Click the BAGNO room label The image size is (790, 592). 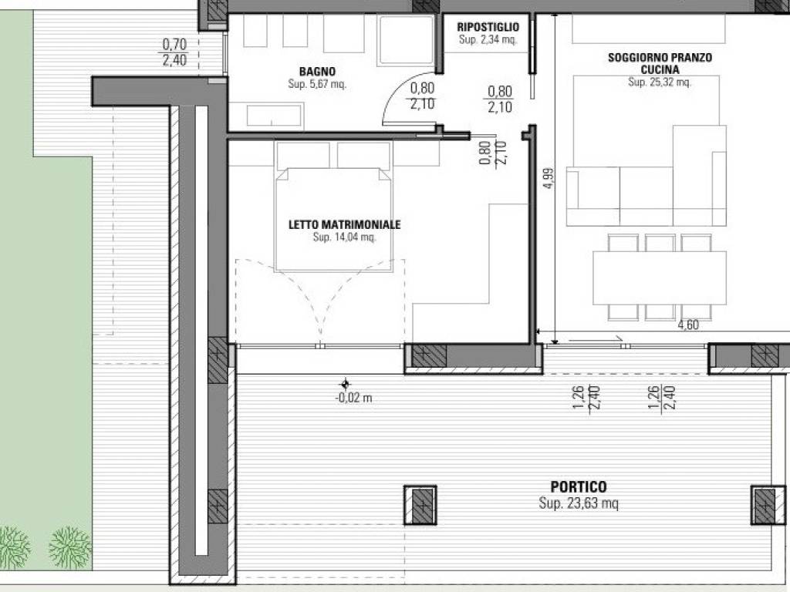tap(317, 72)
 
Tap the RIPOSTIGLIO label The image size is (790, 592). tap(488, 27)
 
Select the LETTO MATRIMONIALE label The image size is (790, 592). tap(345, 224)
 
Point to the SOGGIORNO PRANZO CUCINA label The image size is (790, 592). tap(660, 63)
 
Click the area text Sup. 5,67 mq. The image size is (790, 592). tap(317, 84)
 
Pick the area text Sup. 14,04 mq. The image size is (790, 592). tap(345, 237)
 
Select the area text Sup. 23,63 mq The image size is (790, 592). tap(579, 503)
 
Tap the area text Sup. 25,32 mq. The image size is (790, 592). tap(660, 82)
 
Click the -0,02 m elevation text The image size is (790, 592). tap(353, 399)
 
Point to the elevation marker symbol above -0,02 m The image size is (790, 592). tap(345, 385)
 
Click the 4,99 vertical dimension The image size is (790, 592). tap(549, 178)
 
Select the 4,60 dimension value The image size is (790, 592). tap(688, 325)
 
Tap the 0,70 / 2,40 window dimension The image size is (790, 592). tap(175, 52)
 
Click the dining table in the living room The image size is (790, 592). tap(660, 277)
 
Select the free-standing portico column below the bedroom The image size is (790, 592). tap(420, 505)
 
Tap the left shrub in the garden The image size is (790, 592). tap(14, 547)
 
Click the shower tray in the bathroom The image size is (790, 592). tap(406, 40)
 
